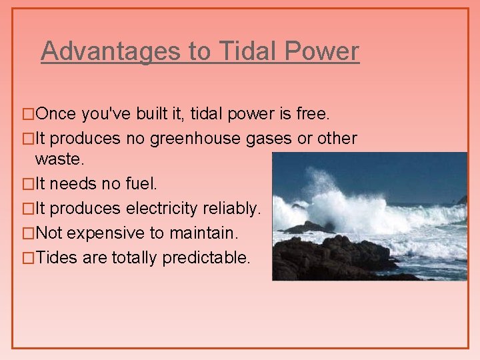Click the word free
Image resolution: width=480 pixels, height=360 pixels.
tap(313, 114)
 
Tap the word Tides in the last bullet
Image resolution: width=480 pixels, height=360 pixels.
tap(57, 258)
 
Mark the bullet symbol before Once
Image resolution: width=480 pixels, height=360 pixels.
tap(27, 115)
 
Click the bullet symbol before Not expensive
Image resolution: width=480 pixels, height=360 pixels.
tap(27, 234)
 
